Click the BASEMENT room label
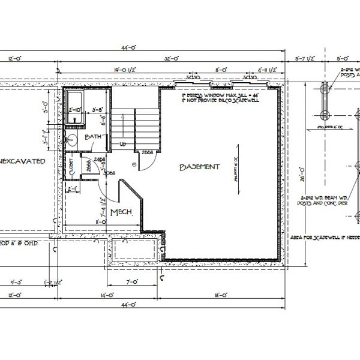pos(200,167)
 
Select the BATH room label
pos(94,137)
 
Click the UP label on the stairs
pos(123,145)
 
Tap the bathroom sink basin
pos(71,142)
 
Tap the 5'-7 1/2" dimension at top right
pos(307,58)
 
